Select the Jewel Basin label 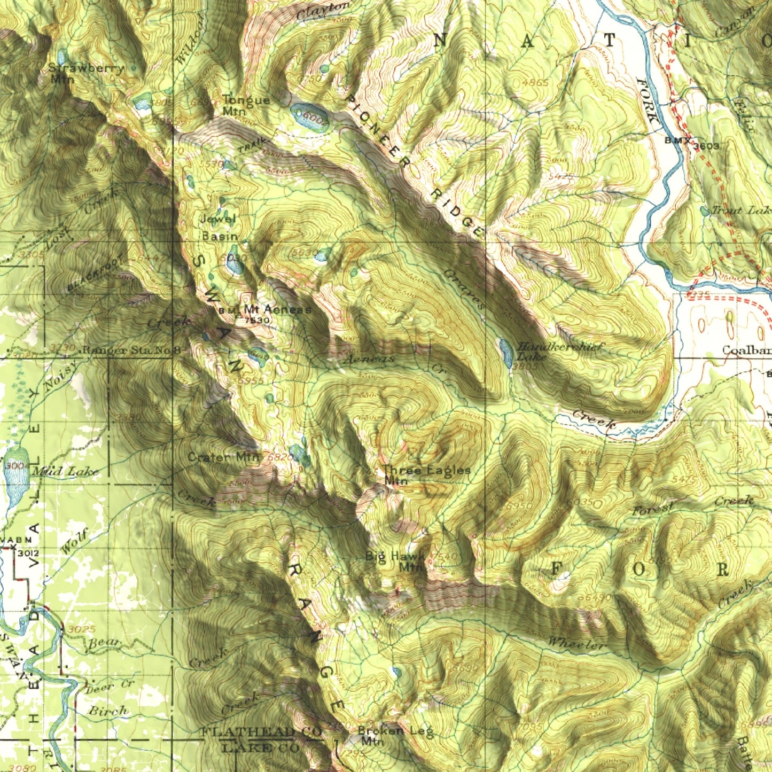click(x=219, y=227)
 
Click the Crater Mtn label click(x=223, y=457)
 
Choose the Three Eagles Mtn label click(x=426, y=475)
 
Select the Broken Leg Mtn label click(x=395, y=735)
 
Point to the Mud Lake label click(x=65, y=471)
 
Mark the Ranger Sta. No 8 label click(x=131, y=350)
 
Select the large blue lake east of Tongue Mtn click(x=308, y=116)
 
